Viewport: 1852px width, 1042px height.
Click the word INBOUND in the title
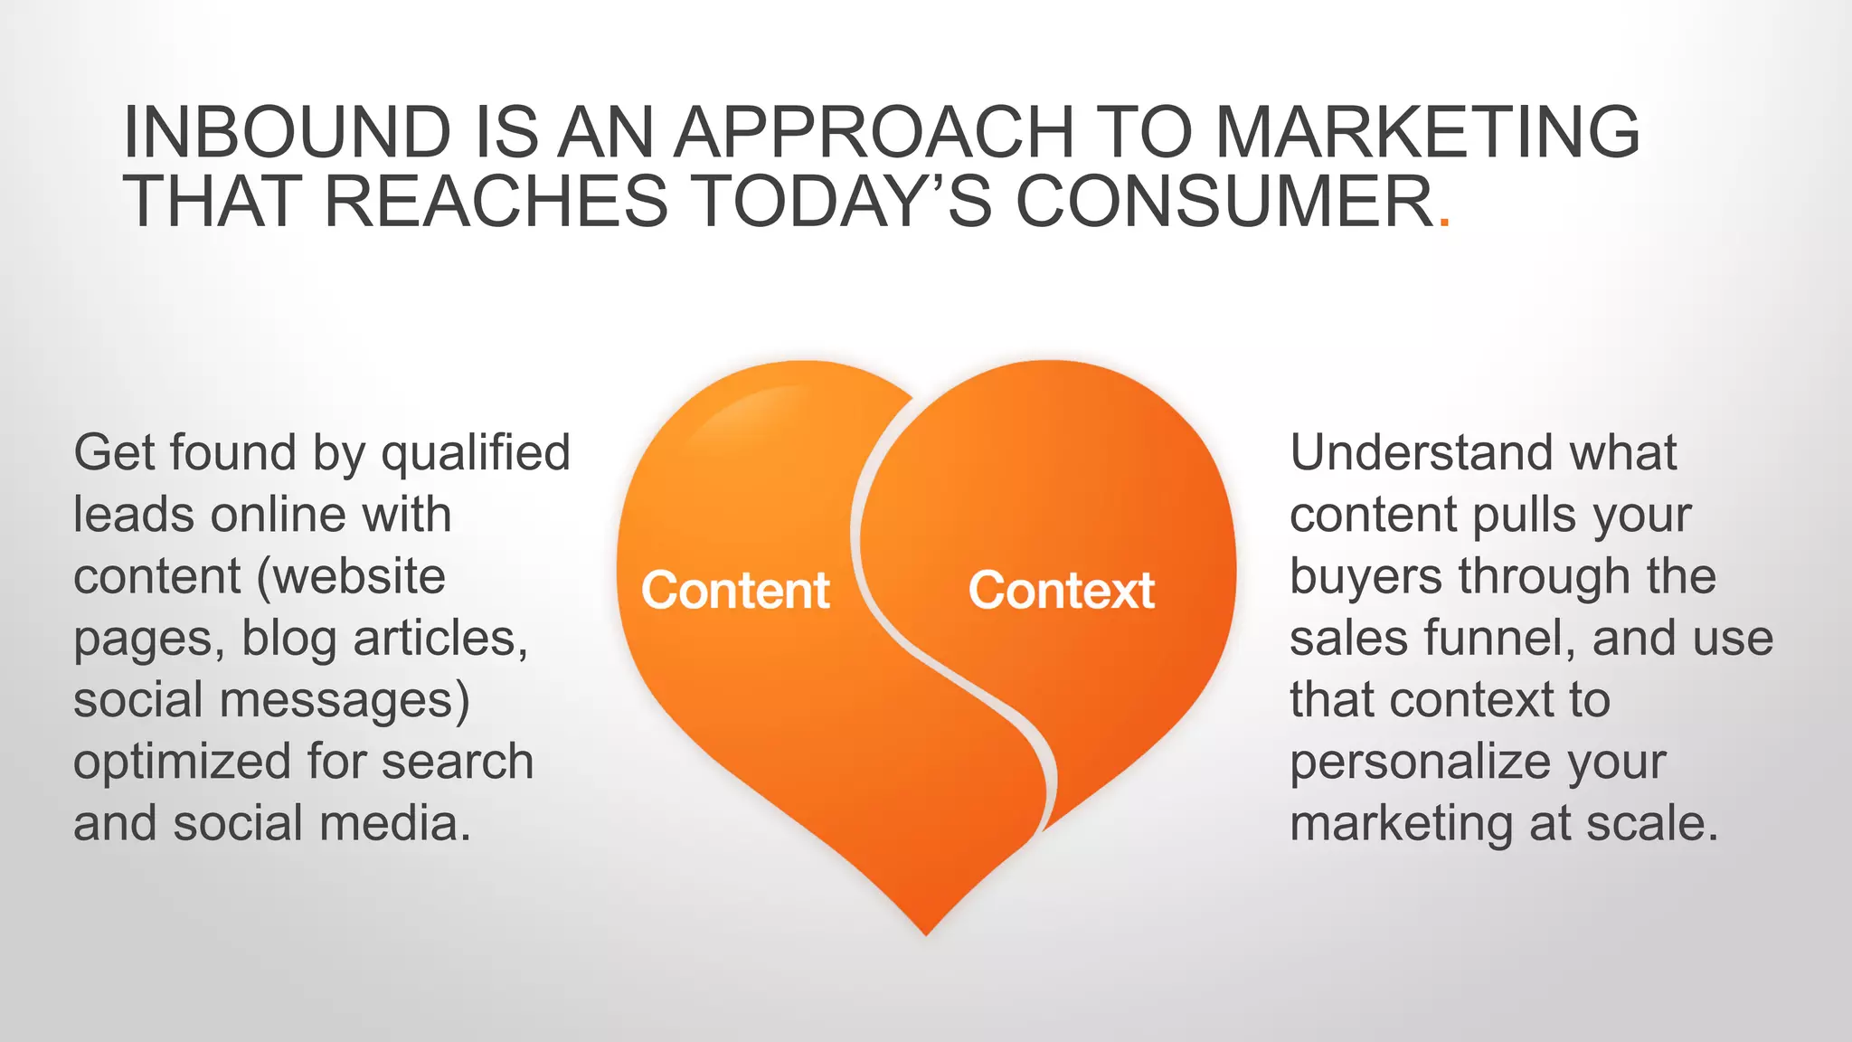(287, 132)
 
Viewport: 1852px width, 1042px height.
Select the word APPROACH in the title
(873, 132)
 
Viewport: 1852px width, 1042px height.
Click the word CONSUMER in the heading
(1224, 201)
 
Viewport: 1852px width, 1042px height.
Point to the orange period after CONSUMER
(1444, 221)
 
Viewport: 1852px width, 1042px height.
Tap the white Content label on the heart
(735, 591)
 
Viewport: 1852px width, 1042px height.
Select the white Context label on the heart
(1061, 591)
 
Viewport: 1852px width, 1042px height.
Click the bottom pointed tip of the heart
(926, 930)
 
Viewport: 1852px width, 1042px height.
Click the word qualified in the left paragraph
(476, 453)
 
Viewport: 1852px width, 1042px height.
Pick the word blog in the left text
(289, 639)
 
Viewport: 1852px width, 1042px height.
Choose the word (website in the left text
(352, 577)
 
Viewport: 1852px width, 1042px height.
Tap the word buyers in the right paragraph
(1365, 577)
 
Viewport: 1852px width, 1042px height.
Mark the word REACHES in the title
(496, 201)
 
